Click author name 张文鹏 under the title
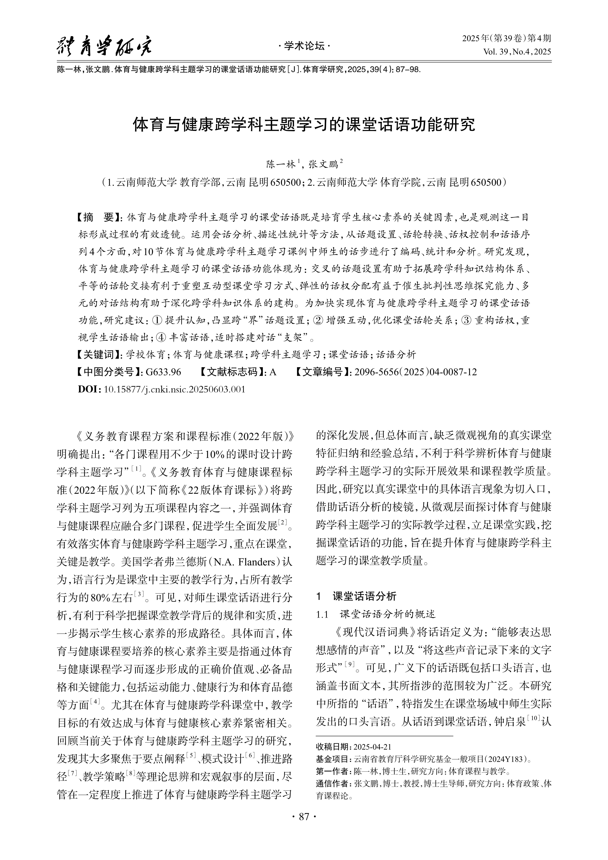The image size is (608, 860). click(323, 165)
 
